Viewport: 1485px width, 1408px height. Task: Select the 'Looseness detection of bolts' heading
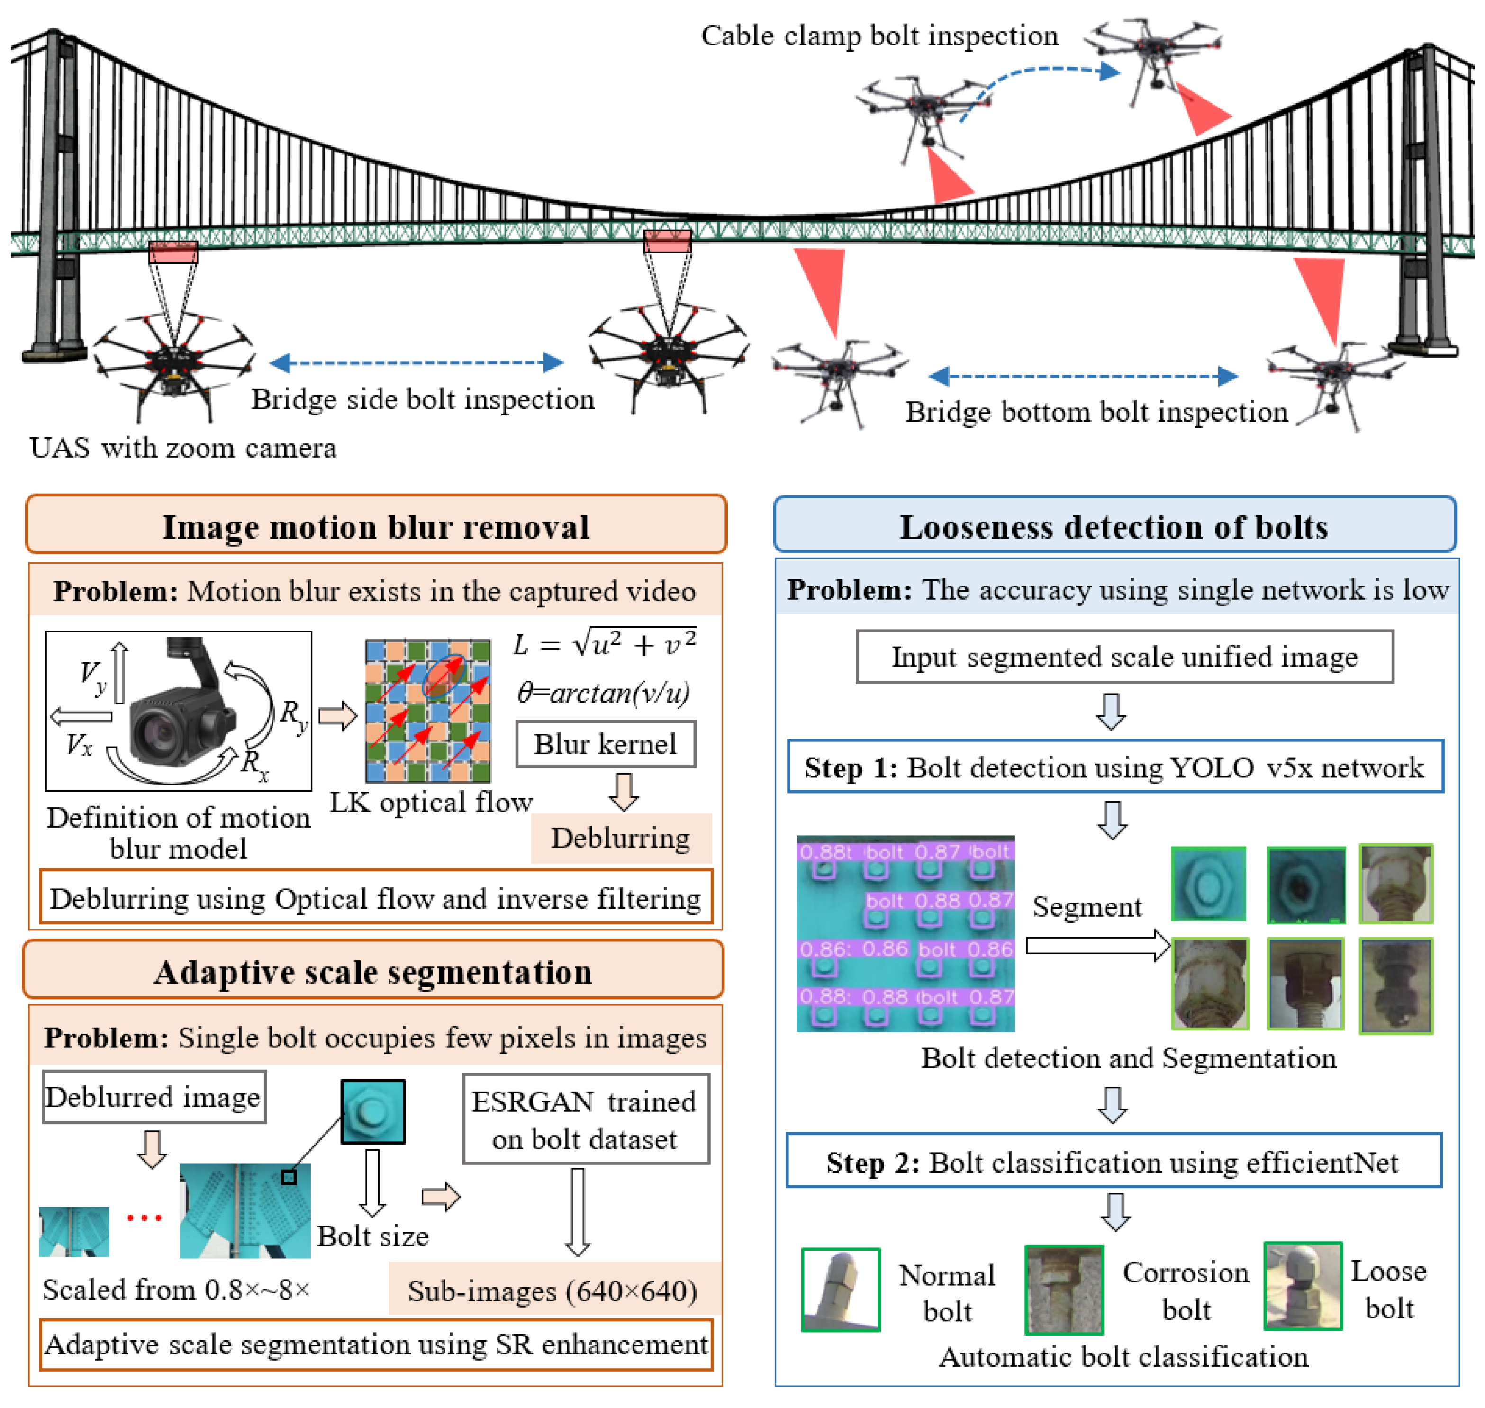pyautogui.click(x=1114, y=526)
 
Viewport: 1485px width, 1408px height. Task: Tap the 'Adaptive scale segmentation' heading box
pyautogui.click(x=373, y=971)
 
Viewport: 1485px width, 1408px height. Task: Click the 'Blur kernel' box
pyautogui.click(x=605, y=744)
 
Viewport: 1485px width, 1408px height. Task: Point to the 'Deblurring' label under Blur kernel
pyautogui.click(x=620, y=838)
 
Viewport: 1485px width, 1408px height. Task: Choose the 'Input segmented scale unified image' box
pyautogui.click(x=1124, y=657)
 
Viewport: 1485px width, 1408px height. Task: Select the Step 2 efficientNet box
pyautogui.click(x=1113, y=1162)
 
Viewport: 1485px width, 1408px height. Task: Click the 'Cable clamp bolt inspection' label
pyautogui.click(x=879, y=35)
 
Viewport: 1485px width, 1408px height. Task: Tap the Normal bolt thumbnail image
pyautogui.click(x=840, y=1290)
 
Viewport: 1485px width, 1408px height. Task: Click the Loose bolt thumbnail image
pyautogui.click(x=1303, y=1286)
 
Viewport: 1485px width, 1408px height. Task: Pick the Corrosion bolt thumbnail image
pyautogui.click(x=1063, y=1290)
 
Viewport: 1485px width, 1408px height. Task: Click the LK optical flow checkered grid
pyautogui.click(x=427, y=710)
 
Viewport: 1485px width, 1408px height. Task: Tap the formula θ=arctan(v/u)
pyautogui.click(x=603, y=692)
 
